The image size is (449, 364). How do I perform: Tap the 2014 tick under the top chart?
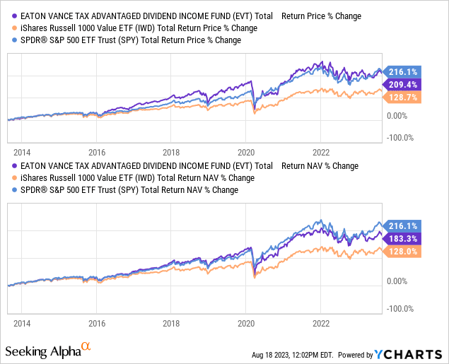(x=22, y=151)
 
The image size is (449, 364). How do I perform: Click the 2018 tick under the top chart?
(x=171, y=151)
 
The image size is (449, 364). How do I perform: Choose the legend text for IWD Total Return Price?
(x=129, y=28)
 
